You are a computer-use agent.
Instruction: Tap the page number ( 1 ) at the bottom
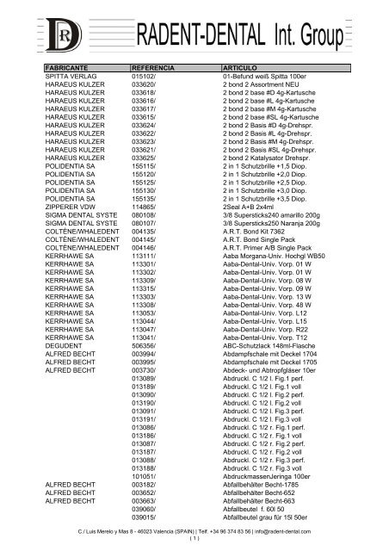[x=194, y=540]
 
